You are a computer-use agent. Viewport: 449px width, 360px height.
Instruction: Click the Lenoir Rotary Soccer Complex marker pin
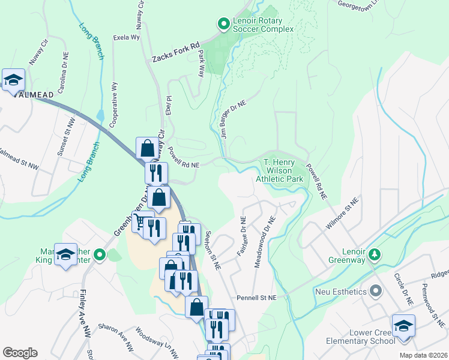pos(223,24)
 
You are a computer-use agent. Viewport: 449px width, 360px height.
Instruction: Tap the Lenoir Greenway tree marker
pos(375,254)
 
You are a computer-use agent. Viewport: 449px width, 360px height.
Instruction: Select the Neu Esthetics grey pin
pos(376,292)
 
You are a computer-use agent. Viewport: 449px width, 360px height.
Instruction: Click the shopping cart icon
pos(142,223)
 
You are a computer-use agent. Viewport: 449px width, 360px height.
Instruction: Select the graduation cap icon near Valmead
pos(13,79)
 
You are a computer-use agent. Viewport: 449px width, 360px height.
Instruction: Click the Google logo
pos(20,352)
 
